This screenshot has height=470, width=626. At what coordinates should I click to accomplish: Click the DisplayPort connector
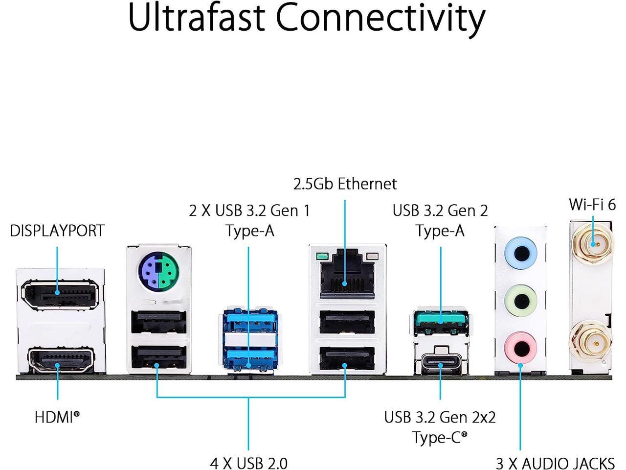[60, 295]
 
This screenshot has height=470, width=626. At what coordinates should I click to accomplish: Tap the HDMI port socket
[61, 360]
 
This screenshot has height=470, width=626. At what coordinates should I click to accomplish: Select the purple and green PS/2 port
[159, 270]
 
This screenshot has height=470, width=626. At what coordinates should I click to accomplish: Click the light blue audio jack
[521, 253]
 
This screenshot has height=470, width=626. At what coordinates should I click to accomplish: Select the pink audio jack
[521, 348]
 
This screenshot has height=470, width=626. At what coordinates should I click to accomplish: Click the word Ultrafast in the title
[197, 18]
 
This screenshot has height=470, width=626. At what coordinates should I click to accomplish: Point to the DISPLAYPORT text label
[57, 231]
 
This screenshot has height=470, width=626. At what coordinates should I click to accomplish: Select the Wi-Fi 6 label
[592, 204]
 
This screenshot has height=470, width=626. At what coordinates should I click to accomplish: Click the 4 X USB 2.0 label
[249, 463]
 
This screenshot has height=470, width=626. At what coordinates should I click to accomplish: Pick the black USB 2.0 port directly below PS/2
[159, 322]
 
